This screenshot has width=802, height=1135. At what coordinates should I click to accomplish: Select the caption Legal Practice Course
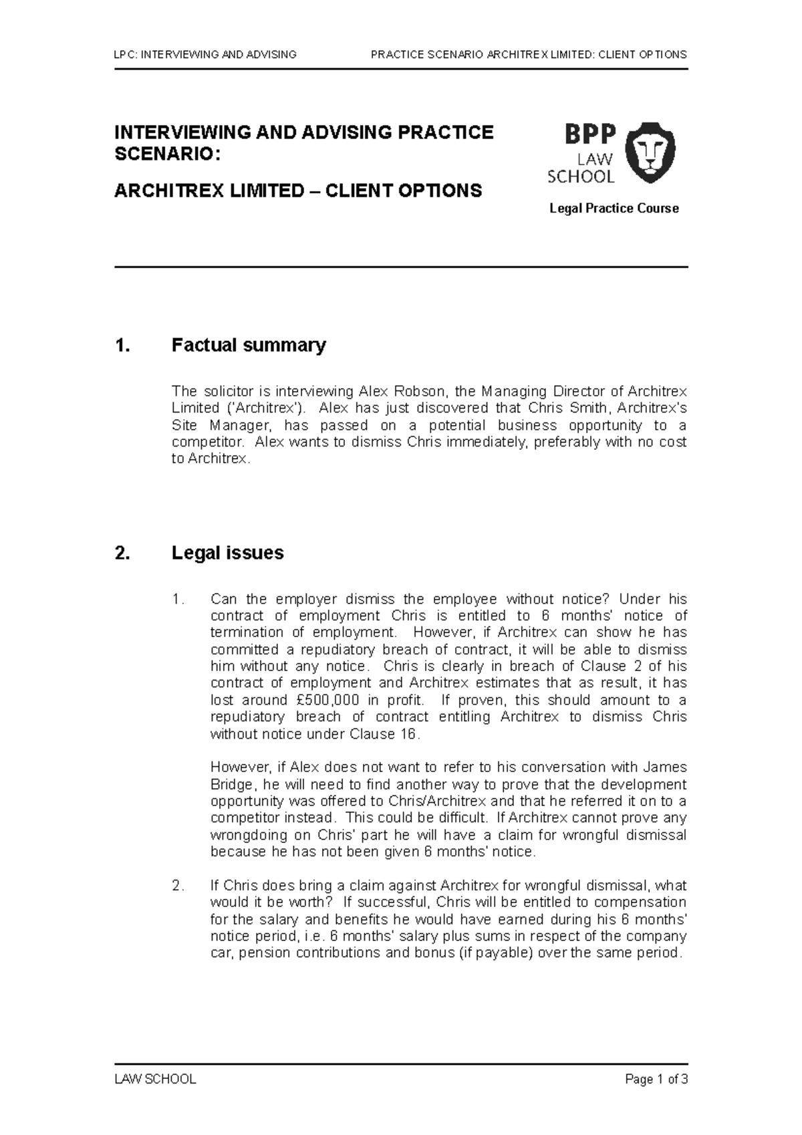coord(614,209)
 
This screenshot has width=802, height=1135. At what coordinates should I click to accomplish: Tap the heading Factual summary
coord(249,346)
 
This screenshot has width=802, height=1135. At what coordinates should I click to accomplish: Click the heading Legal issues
coord(227,553)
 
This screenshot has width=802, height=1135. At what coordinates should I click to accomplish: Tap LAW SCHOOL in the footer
coord(155,1079)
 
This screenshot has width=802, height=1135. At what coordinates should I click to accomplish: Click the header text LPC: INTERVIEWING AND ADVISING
coord(206,54)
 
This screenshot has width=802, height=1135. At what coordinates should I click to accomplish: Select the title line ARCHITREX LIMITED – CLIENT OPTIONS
coord(298,191)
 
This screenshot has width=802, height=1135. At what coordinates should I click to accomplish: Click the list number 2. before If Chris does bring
coord(177,886)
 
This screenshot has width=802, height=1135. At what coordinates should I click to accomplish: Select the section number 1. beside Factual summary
coord(121,346)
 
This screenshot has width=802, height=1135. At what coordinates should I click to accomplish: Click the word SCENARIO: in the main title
coord(166,154)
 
